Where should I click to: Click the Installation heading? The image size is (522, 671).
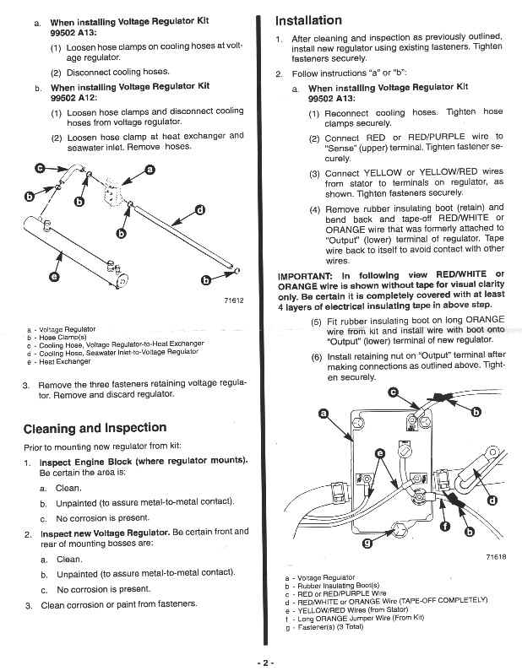tap(309, 20)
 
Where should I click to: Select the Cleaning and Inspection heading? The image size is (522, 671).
tap(95, 427)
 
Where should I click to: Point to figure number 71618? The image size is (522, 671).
tap(496, 557)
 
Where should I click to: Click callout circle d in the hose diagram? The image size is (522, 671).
tap(199, 210)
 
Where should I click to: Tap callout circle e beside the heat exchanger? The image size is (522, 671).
tap(55, 277)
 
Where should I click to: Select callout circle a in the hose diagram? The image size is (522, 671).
tap(150, 170)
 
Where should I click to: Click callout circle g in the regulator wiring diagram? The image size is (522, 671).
tap(367, 544)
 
